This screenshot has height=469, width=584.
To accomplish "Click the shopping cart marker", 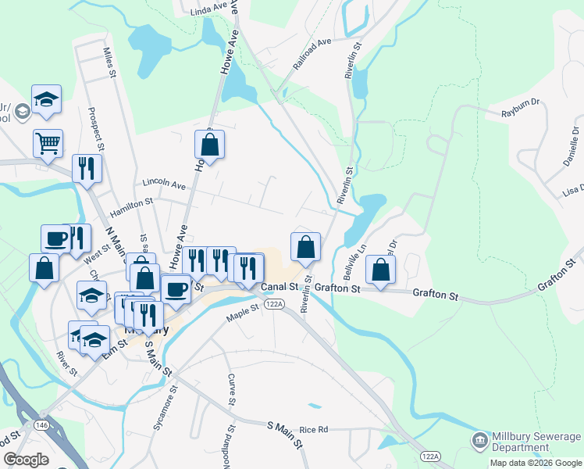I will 48,143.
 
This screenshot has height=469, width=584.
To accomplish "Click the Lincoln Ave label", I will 164,183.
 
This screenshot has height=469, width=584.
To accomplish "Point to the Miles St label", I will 110,63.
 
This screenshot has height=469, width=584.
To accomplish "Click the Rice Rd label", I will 313,429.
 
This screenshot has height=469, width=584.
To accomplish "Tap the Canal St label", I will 280,288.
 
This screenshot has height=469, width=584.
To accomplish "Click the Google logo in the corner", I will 27,459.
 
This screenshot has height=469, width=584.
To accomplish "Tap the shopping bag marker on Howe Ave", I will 209,145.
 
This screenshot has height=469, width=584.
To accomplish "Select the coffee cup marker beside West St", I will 55,238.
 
